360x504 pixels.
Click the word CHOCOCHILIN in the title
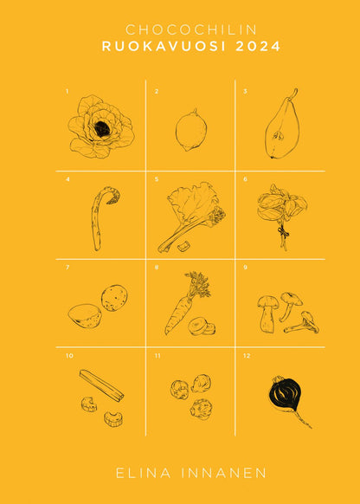(191, 30)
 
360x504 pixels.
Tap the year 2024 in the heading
(258, 46)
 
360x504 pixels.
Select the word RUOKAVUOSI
(165, 46)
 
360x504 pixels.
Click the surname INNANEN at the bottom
(224, 473)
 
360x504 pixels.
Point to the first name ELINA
(144, 473)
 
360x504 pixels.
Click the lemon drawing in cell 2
(191, 130)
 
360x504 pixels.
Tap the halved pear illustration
(282, 126)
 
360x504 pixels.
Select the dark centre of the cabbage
(102, 128)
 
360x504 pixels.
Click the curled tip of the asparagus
(113, 196)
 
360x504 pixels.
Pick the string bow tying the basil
(282, 231)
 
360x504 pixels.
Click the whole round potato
(114, 298)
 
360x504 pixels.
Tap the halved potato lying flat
(85, 316)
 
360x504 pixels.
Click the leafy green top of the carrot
(197, 283)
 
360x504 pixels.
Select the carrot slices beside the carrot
(202, 326)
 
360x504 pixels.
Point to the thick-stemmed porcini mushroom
(267, 313)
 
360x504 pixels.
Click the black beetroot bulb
(286, 392)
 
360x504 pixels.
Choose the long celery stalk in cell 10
(101, 385)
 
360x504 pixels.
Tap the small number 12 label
(247, 356)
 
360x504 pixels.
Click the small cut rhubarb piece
(183, 247)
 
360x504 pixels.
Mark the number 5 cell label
(157, 179)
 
